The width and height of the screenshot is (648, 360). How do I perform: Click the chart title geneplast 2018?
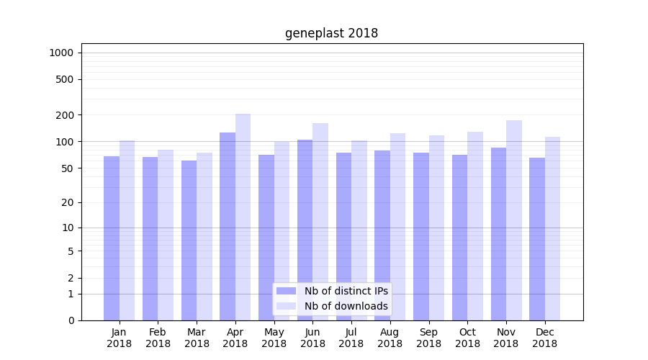(331, 33)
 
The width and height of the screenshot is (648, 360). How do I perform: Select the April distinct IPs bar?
(228, 226)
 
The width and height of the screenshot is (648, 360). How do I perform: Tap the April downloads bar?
(243, 217)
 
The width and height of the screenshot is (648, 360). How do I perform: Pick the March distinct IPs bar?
(189, 240)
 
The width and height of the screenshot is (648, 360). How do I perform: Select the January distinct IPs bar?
(112, 238)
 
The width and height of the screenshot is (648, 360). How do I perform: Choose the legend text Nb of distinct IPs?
(346, 291)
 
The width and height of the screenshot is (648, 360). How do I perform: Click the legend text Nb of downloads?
(346, 306)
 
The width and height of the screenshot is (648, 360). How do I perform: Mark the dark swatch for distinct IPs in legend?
(286, 291)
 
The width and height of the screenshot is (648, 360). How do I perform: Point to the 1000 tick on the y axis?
(60, 53)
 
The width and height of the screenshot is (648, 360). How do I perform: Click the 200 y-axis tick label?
(65, 115)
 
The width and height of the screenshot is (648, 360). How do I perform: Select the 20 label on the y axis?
(68, 202)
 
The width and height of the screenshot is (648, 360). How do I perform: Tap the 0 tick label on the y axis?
(71, 320)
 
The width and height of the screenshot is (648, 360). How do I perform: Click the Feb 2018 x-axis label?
(158, 338)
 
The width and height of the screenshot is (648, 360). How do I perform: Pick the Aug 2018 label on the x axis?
(390, 338)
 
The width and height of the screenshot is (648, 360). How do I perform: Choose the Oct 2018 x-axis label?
(467, 338)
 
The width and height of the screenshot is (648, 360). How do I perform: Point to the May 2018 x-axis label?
(274, 338)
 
